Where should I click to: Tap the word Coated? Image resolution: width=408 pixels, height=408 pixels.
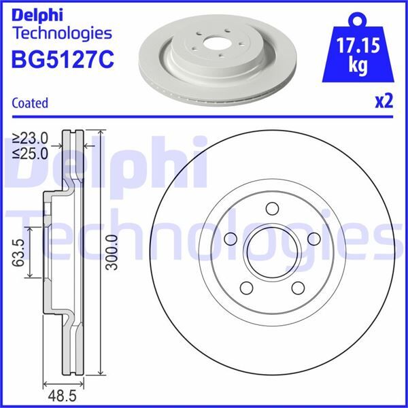point(30,103)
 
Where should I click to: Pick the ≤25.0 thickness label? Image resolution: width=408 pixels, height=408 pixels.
point(30,153)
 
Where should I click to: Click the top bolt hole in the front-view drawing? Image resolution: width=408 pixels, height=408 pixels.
point(271,209)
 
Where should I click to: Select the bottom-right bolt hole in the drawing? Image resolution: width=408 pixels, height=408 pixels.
point(297,287)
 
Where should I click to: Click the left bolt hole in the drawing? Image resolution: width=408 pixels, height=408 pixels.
point(229,238)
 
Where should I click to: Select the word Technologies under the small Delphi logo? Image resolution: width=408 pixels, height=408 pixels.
point(62,33)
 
